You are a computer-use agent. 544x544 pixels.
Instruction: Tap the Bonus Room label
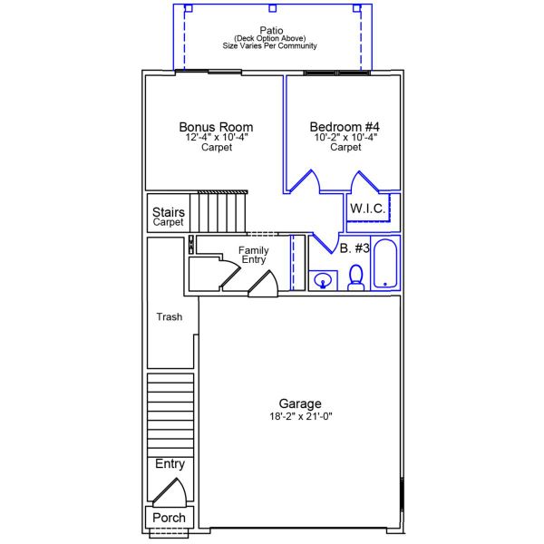pos(216,127)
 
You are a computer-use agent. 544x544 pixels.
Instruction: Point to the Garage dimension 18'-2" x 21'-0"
pos(299,416)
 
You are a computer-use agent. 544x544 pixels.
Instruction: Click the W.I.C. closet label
pos(368,209)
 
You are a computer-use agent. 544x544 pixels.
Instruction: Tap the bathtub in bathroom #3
pos(385,263)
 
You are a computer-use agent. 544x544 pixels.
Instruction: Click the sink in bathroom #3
pos(321,281)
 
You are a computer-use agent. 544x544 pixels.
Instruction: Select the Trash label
pos(170,317)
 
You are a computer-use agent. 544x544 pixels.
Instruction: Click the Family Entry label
pos(253,255)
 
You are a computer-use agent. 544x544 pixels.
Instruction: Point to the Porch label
pos(169,518)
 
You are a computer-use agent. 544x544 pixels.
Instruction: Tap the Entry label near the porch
pos(170,464)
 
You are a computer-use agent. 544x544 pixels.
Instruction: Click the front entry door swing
pos(169,491)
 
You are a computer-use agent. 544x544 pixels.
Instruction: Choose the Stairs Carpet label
pos(169,218)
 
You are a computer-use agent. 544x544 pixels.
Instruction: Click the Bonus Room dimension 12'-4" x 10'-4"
pos(216,138)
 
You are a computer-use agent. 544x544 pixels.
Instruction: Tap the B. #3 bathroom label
pos(355,248)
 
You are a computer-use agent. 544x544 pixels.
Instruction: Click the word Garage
pos(299,403)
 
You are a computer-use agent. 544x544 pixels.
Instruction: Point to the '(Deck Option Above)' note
pos(271,38)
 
